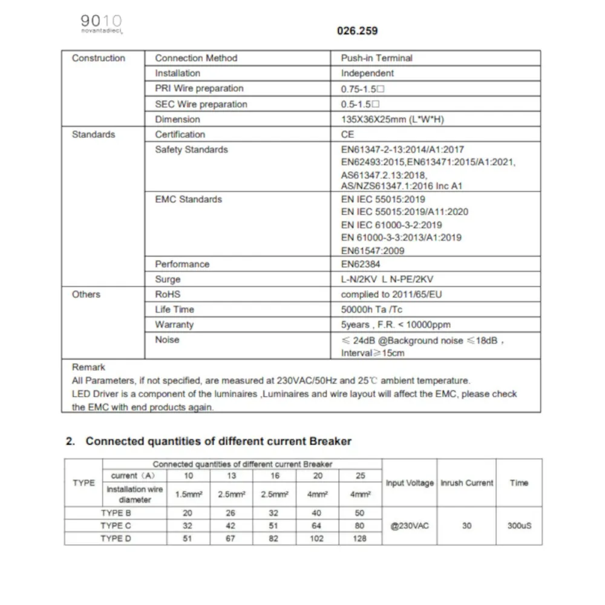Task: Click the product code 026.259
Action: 357,30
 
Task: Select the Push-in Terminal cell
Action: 376,58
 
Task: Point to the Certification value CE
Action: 347,134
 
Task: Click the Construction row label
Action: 99,58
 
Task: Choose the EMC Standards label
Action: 188,199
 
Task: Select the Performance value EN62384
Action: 361,264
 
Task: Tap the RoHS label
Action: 168,294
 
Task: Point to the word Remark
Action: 88,367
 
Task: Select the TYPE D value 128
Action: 359,538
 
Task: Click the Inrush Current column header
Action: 466,483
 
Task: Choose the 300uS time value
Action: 518,525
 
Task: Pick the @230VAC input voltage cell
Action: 409,525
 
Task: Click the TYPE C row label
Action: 116,525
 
